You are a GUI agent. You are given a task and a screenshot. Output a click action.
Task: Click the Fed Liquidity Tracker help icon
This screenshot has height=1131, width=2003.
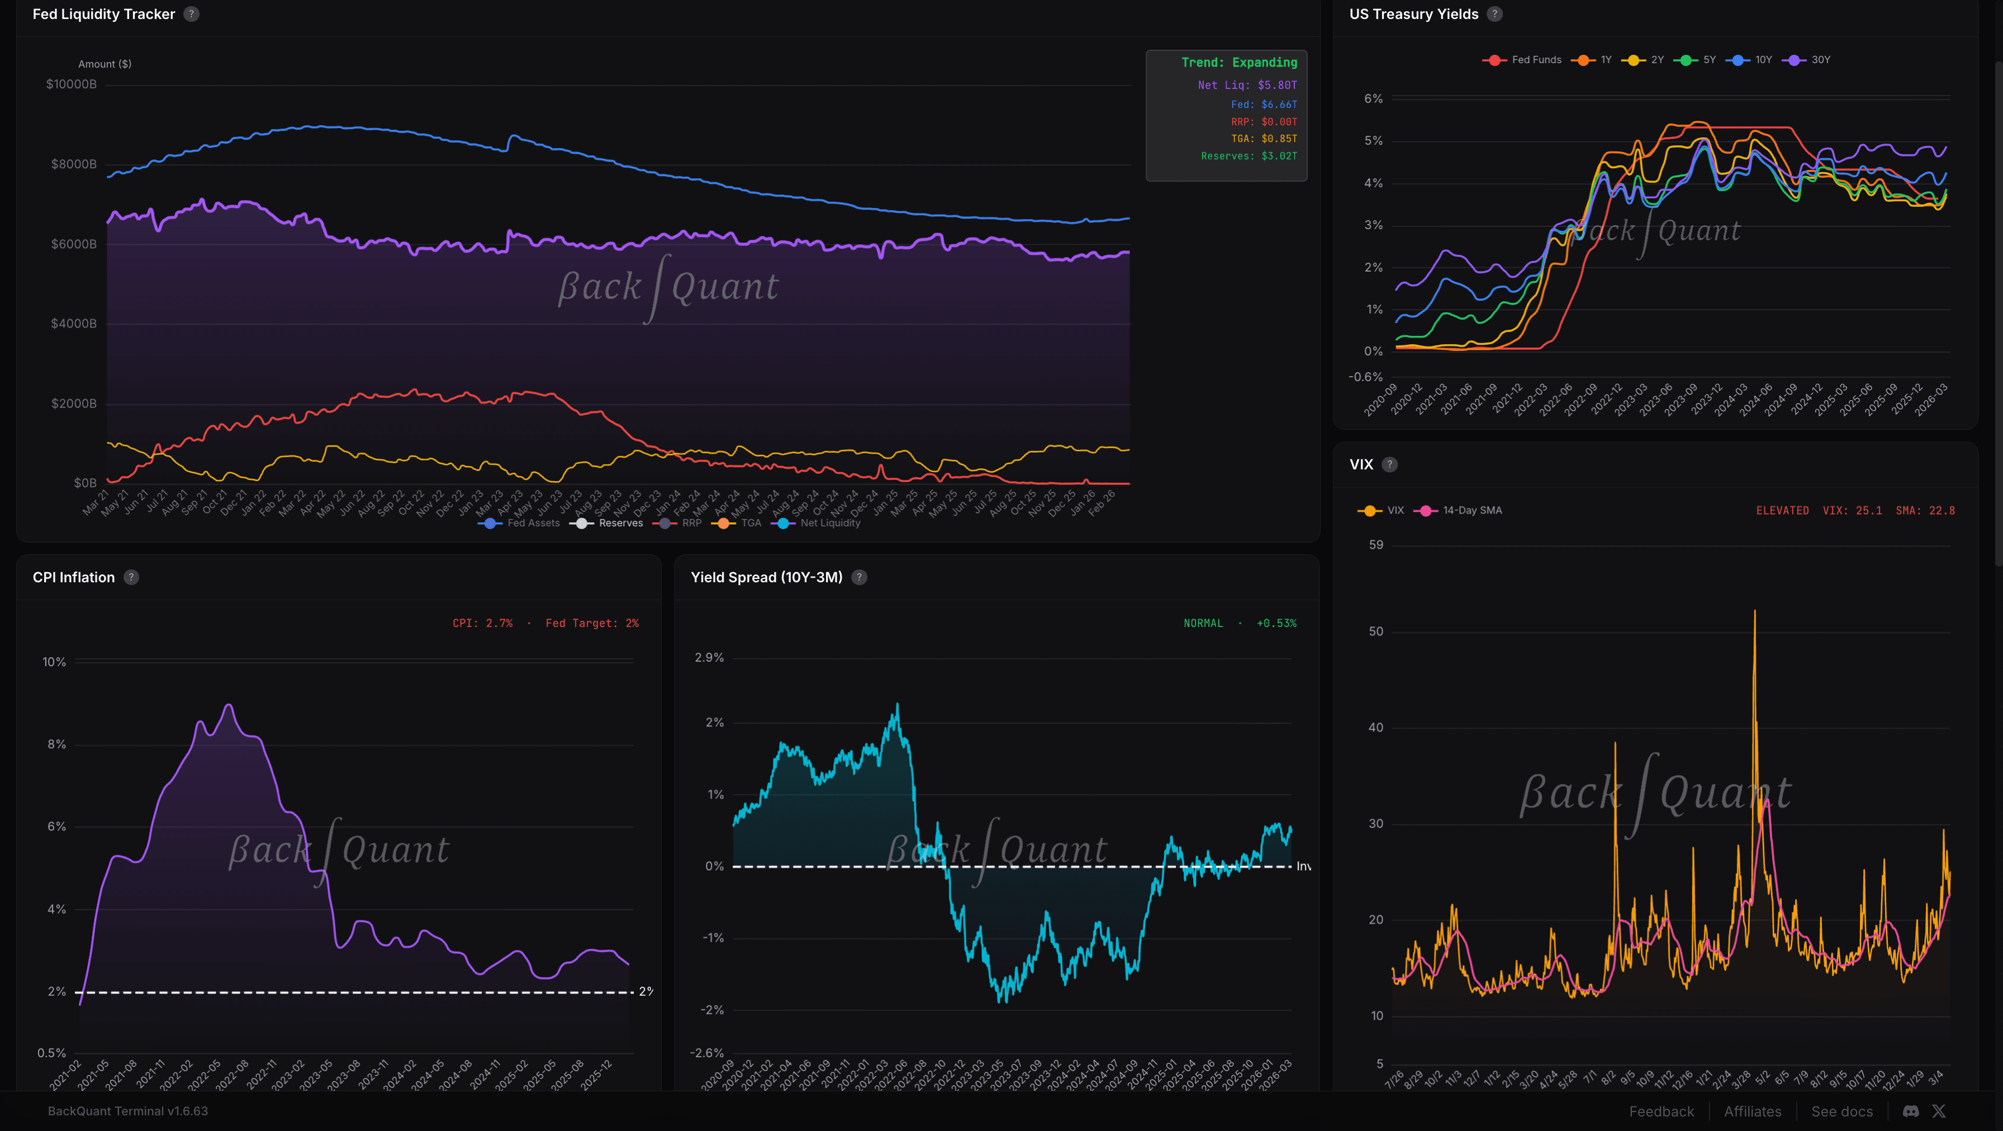191,14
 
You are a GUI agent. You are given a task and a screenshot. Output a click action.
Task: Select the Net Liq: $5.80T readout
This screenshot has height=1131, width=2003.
1246,85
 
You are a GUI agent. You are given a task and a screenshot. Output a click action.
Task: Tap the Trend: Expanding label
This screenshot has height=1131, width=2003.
1238,62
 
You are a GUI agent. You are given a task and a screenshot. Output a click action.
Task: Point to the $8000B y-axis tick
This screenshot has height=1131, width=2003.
74,164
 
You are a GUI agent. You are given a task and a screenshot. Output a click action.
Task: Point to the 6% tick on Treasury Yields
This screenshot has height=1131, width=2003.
1373,99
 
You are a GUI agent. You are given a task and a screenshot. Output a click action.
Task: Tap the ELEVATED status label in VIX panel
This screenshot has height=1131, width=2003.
1781,511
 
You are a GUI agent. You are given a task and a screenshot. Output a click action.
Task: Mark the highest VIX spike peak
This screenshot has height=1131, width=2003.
1754,612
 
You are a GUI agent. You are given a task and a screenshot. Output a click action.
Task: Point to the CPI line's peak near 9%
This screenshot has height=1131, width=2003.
229,705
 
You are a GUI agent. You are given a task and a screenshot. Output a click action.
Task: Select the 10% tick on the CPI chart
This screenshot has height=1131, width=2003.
54,662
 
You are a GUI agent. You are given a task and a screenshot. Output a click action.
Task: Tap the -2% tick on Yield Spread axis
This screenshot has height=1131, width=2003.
712,1010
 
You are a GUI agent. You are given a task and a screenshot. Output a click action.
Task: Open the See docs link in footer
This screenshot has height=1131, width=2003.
1841,1111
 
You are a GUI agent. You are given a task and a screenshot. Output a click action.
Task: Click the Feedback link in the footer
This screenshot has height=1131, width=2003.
1661,1111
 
